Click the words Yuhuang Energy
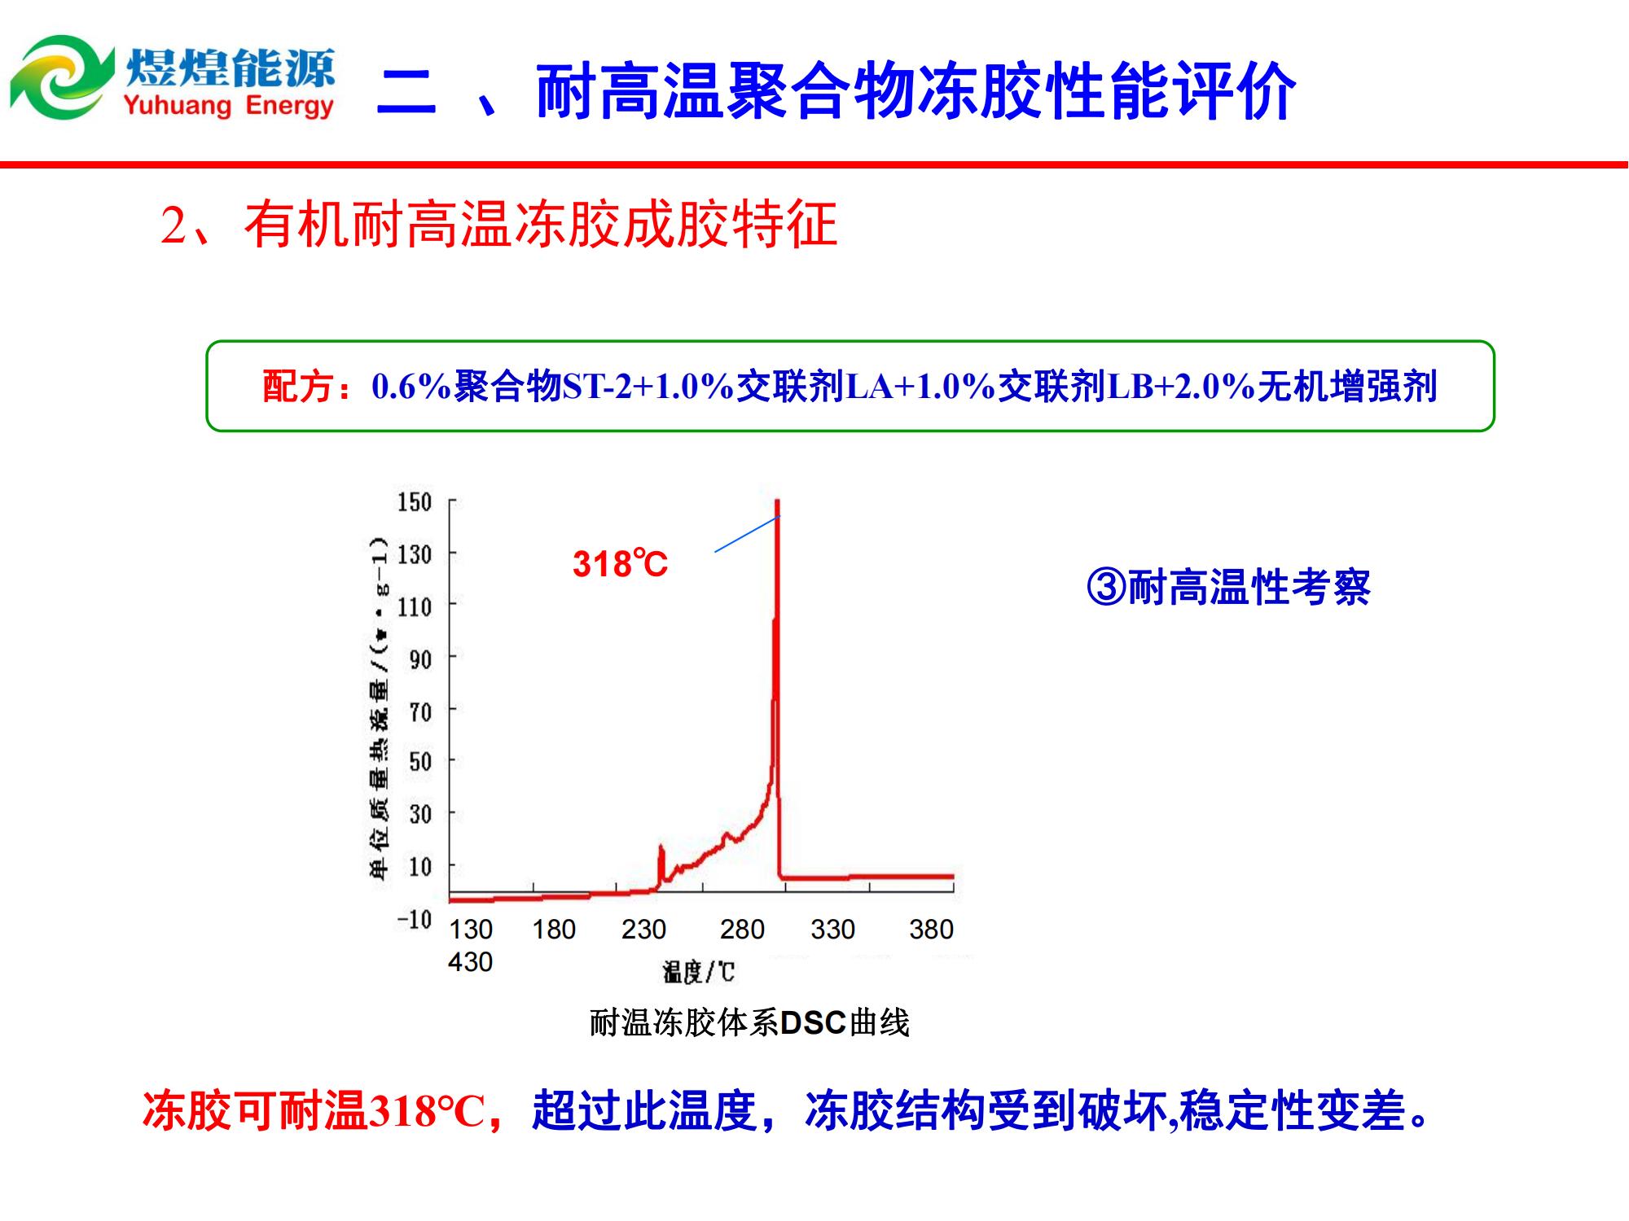click(229, 105)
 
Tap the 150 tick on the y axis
click(414, 501)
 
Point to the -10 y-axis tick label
click(413, 919)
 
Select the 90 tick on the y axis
click(420, 659)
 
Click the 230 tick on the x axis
click(643, 929)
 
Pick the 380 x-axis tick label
click(931, 929)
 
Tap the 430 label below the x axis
click(470, 961)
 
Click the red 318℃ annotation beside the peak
click(620, 564)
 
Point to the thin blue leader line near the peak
click(748, 534)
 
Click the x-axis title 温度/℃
click(698, 971)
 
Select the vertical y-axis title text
click(380, 708)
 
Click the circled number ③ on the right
click(1106, 587)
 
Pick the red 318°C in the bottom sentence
click(427, 1110)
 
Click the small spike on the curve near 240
click(661, 864)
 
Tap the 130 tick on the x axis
click(471, 929)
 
